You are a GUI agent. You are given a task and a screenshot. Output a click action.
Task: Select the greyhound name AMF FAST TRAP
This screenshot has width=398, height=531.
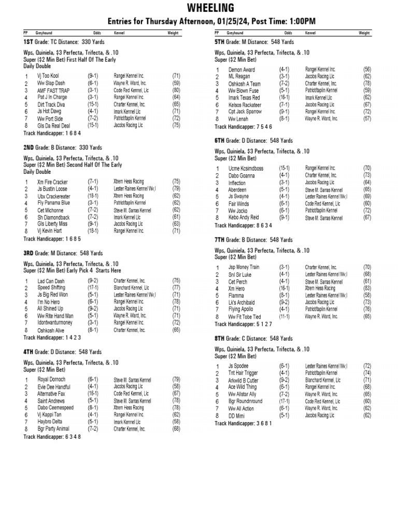pos(53,89)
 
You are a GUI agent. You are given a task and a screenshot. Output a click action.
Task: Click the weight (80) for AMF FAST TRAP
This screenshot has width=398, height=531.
pos(176,89)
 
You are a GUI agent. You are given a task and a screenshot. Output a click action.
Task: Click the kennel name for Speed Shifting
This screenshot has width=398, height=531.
pos(131,287)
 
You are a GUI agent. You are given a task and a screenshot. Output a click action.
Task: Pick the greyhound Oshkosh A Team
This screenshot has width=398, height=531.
pos(245,83)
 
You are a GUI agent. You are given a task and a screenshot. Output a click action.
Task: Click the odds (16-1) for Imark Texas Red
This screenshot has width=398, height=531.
pos(285,97)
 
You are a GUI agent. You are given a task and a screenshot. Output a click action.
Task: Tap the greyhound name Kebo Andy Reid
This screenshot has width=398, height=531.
pos(243,218)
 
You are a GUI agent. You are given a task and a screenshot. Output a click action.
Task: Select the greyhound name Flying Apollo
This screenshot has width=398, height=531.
pos(244,309)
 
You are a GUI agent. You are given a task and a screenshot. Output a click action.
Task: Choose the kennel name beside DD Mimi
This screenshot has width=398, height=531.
pos(320,415)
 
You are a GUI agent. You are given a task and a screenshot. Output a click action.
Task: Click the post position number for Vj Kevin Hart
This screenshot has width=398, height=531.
pos(26,232)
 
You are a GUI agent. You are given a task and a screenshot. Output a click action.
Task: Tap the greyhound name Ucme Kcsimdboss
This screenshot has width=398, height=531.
pos(246,169)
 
